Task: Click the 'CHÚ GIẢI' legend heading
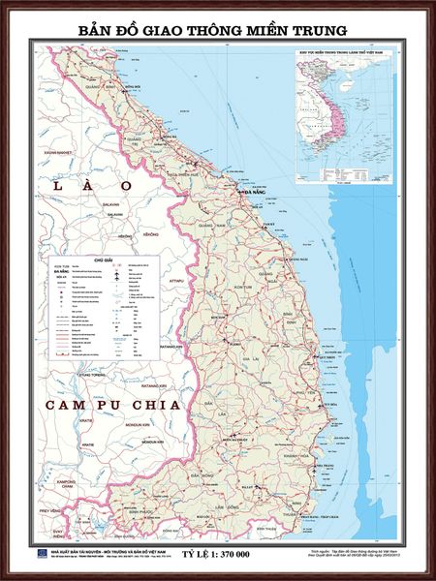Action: click(103, 260)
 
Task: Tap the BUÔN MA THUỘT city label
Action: click(237, 438)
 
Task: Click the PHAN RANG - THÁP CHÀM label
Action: click(320, 504)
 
